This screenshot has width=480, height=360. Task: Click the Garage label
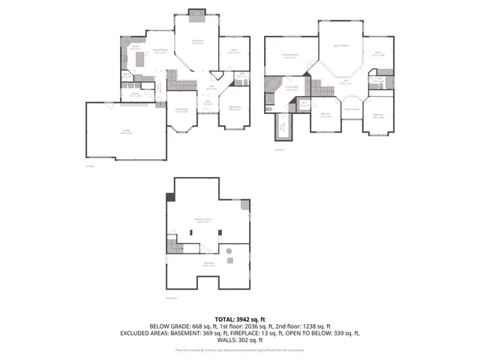[125, 133]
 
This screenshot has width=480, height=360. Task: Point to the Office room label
[234, 52]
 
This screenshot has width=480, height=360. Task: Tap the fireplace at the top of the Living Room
[197, 11]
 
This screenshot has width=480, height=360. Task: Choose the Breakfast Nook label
[160, 51]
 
